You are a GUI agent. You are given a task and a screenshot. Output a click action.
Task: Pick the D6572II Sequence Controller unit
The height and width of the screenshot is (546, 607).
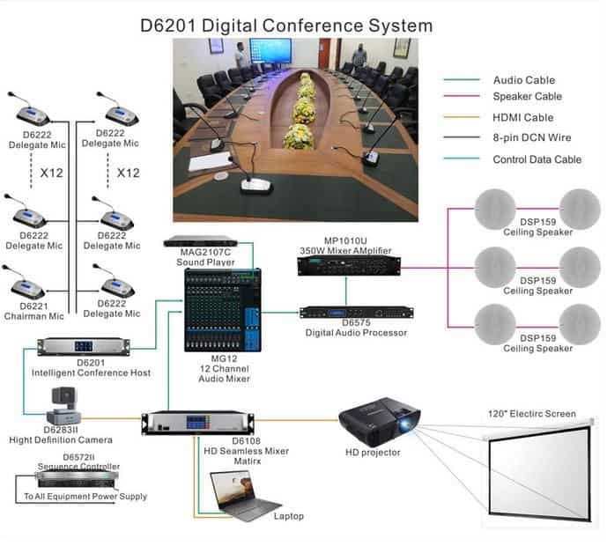coord(76,478)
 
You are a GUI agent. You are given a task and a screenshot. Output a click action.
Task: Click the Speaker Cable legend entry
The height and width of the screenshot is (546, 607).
coord(527,97)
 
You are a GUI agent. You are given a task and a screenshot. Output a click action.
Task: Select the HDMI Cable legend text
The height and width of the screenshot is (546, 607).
coord(523,117)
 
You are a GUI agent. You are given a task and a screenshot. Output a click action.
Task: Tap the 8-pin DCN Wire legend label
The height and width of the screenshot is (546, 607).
coord(531,137)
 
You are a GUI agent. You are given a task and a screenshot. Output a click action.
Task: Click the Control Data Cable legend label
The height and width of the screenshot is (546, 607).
coord(537,159)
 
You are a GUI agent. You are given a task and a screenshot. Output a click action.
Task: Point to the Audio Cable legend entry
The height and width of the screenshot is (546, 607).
coord(523,80)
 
